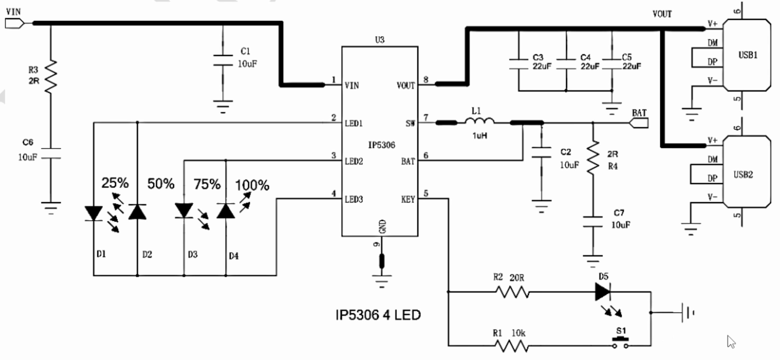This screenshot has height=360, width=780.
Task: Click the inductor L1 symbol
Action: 479,122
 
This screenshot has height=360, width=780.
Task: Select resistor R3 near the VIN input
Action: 51,76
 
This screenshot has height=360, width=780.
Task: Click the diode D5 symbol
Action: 604,292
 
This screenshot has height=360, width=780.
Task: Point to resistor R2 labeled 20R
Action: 512,292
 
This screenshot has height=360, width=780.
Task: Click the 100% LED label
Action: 252,185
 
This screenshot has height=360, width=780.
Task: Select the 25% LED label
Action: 115,183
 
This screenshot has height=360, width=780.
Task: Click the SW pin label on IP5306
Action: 410,123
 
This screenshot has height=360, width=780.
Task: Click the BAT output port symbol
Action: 639,123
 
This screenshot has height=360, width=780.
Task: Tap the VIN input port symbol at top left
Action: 14,23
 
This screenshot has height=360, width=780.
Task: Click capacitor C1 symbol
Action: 223,59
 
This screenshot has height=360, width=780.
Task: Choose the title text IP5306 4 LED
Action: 378,315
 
